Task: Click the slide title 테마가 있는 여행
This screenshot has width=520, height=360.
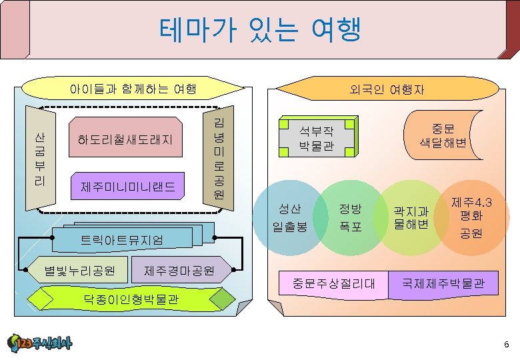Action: tap(260, 30)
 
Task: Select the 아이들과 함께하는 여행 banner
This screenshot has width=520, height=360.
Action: tap(133, 88)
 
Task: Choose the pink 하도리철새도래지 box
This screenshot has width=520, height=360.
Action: tap(125, 140)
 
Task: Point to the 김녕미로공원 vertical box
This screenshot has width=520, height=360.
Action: tap(219, 158)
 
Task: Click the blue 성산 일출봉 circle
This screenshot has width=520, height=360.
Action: tap(290, 217)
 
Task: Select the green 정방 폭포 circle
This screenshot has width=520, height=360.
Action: tap(349, 217)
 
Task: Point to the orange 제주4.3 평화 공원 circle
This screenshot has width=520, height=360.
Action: tap(472, 217)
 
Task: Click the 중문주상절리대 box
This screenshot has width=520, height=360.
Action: tap(333, 284)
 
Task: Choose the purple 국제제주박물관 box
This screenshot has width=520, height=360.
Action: tap(448, 284)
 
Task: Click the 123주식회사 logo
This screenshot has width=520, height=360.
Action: tap(40, 343)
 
